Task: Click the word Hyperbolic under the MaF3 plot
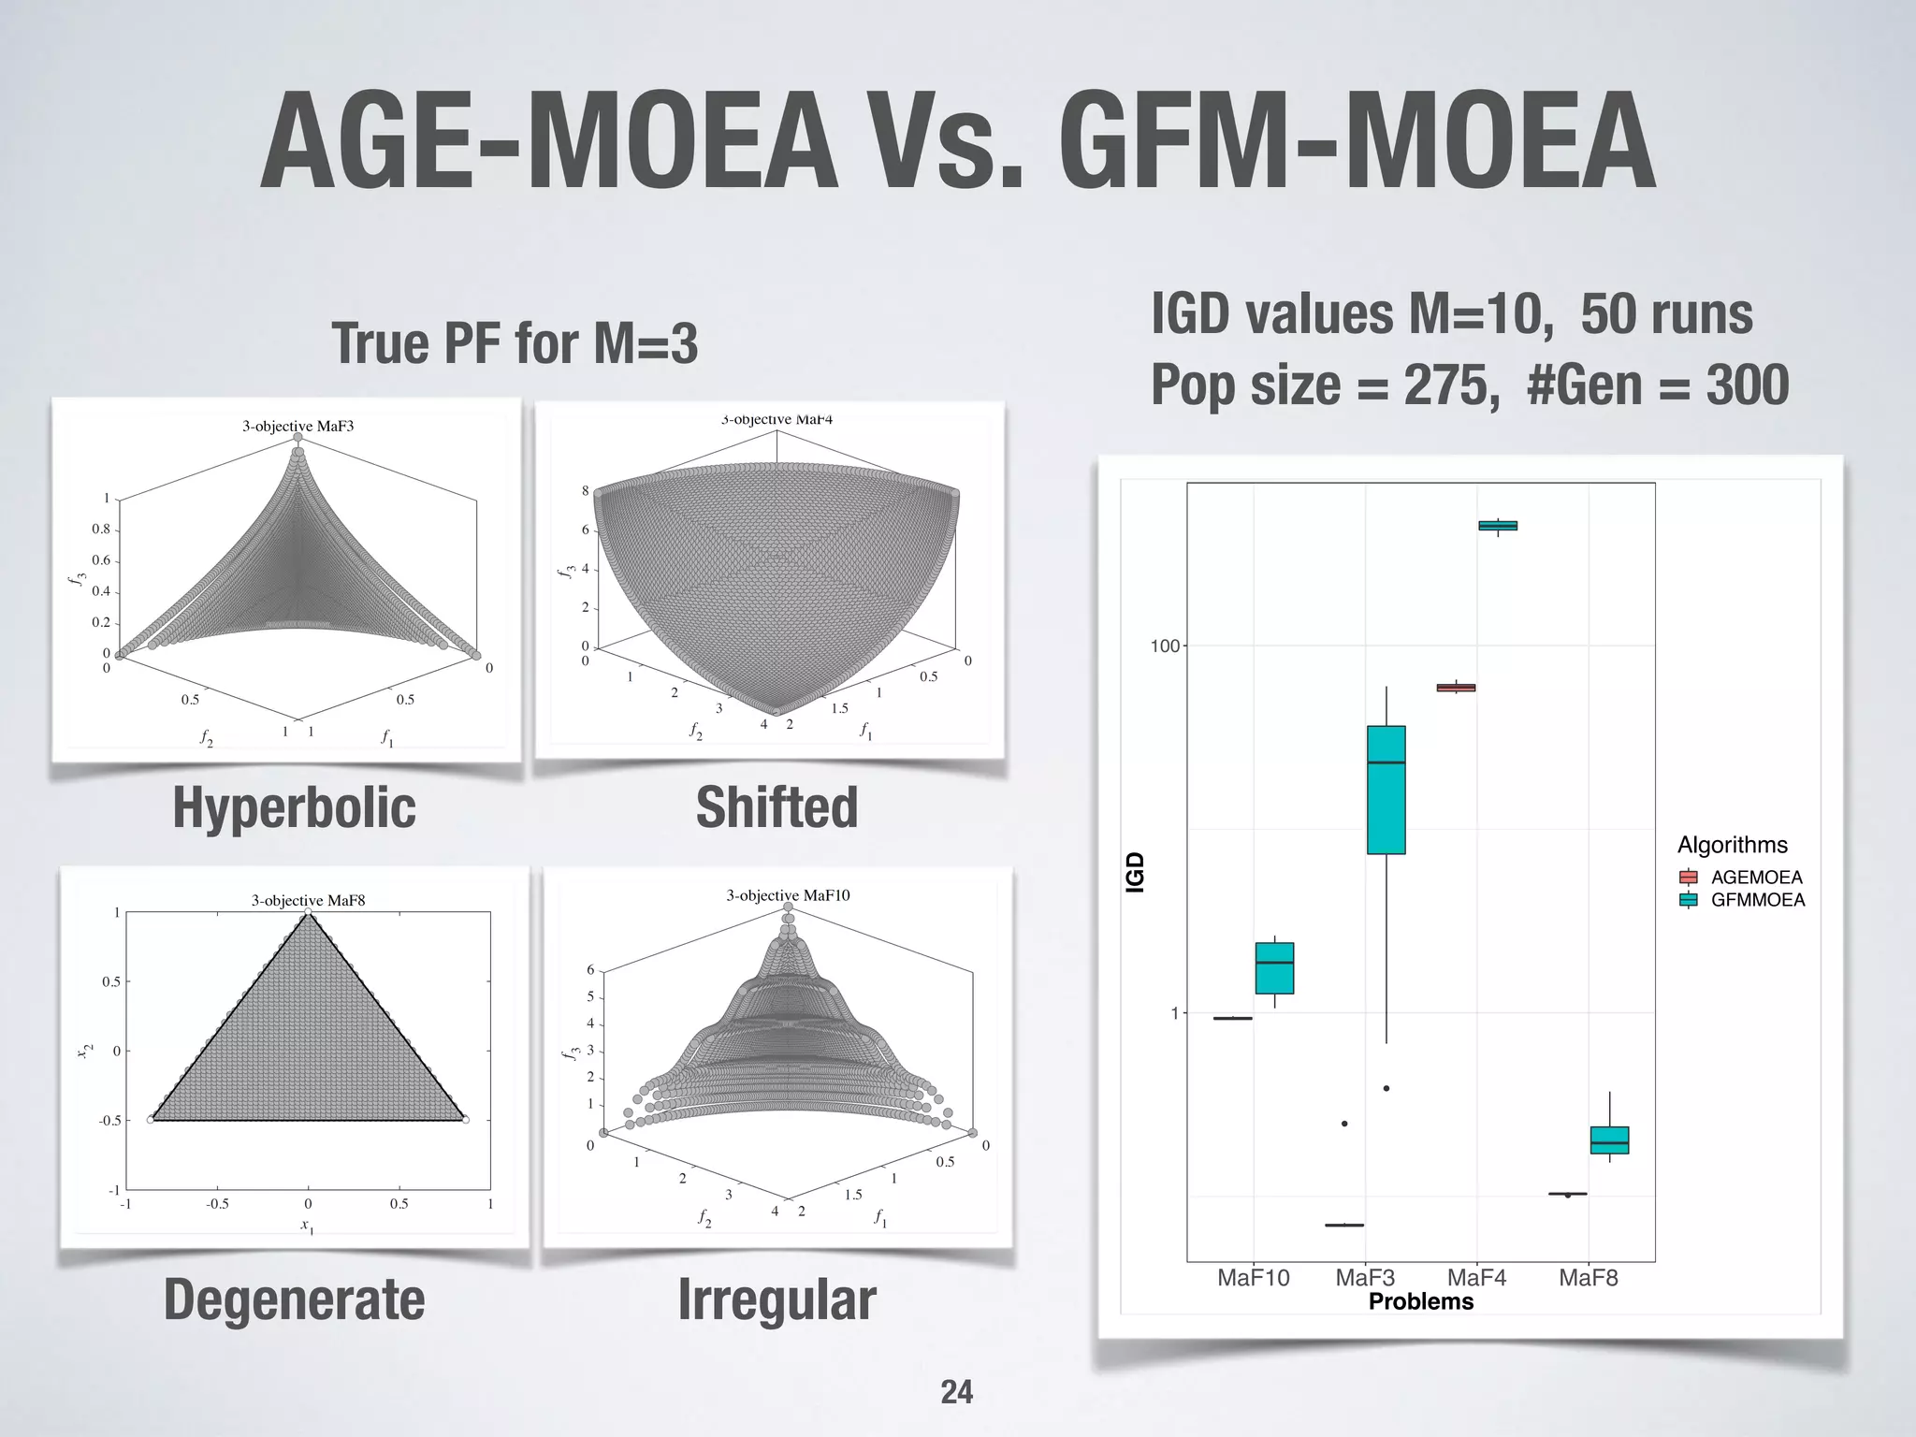294,807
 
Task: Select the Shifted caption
777,807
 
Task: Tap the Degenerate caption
294,1299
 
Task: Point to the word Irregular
777,1299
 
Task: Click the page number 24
956,1392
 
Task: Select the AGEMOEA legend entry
1756,878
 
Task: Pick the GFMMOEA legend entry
1758,900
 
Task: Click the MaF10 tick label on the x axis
1253,1278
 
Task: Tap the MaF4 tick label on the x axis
1476,1278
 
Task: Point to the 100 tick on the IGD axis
1165,646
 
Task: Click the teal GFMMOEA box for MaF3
1386,790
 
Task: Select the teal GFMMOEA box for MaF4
1498,526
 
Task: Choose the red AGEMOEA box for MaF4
1456,688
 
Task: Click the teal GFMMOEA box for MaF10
1274,968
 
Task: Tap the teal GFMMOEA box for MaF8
1609,1140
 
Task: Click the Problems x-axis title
1420,1301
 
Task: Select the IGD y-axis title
1135,872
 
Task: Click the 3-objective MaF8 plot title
308,900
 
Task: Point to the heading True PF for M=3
515,343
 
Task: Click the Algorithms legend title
1732,845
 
